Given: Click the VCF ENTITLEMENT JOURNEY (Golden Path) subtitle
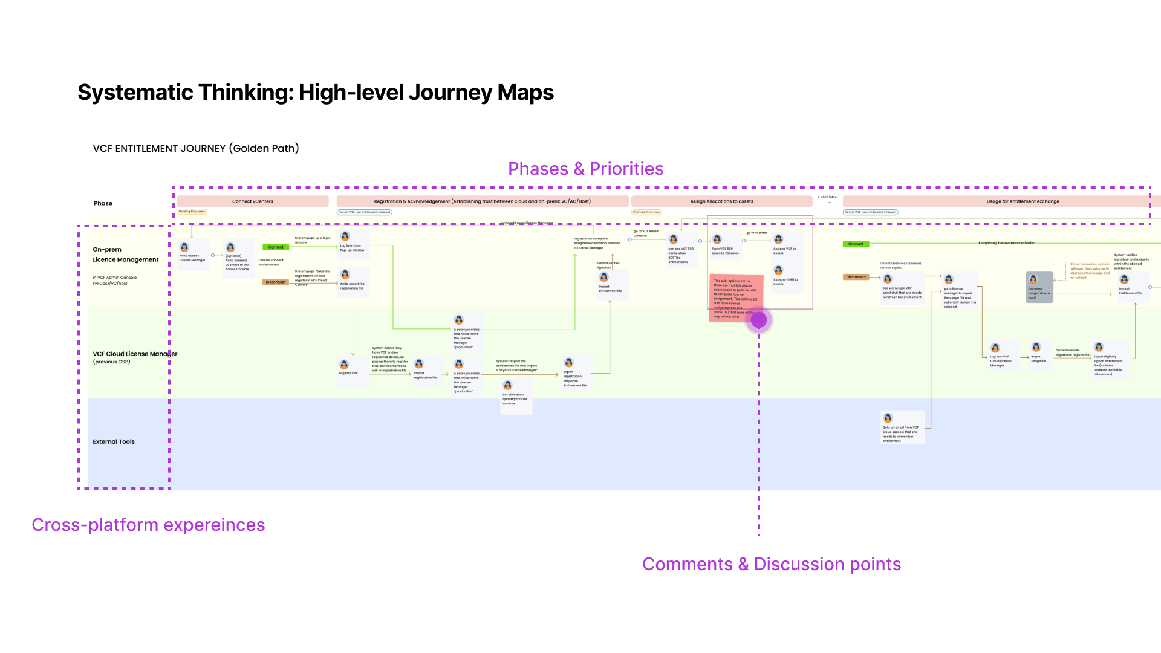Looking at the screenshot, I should pyautogui.click(x=196, y=148).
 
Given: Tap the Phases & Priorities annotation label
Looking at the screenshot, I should pyautogui.click(x=585, y=169).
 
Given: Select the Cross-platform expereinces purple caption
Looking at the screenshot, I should pyautogui.click(x=148, y=525).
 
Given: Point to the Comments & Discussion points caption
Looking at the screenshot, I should pyautogui.click(x=771, y=564).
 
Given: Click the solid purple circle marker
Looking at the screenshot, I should pyautogui.click(x=759, y=320).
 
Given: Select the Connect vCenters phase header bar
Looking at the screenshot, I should pyautogui.click(x=252, y=201).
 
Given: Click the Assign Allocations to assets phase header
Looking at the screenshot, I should pyautogui.click(x=721, y=201).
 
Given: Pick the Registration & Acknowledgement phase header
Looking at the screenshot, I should pyautogui.click(x=482, y=201).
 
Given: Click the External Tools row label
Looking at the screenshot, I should pyautogui.click(x=114, y=442).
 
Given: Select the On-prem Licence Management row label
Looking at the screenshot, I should pyautogui.click(x=125, y=255).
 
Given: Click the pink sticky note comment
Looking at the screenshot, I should pyautogui.click(x=735, y=297).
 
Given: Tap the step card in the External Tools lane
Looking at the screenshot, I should pyautogui.click(x=902, y=427).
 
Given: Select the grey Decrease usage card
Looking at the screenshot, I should pyautogui.click(x=1039, y=287).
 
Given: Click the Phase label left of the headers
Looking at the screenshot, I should pyautogui.click(x=103, y=203).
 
